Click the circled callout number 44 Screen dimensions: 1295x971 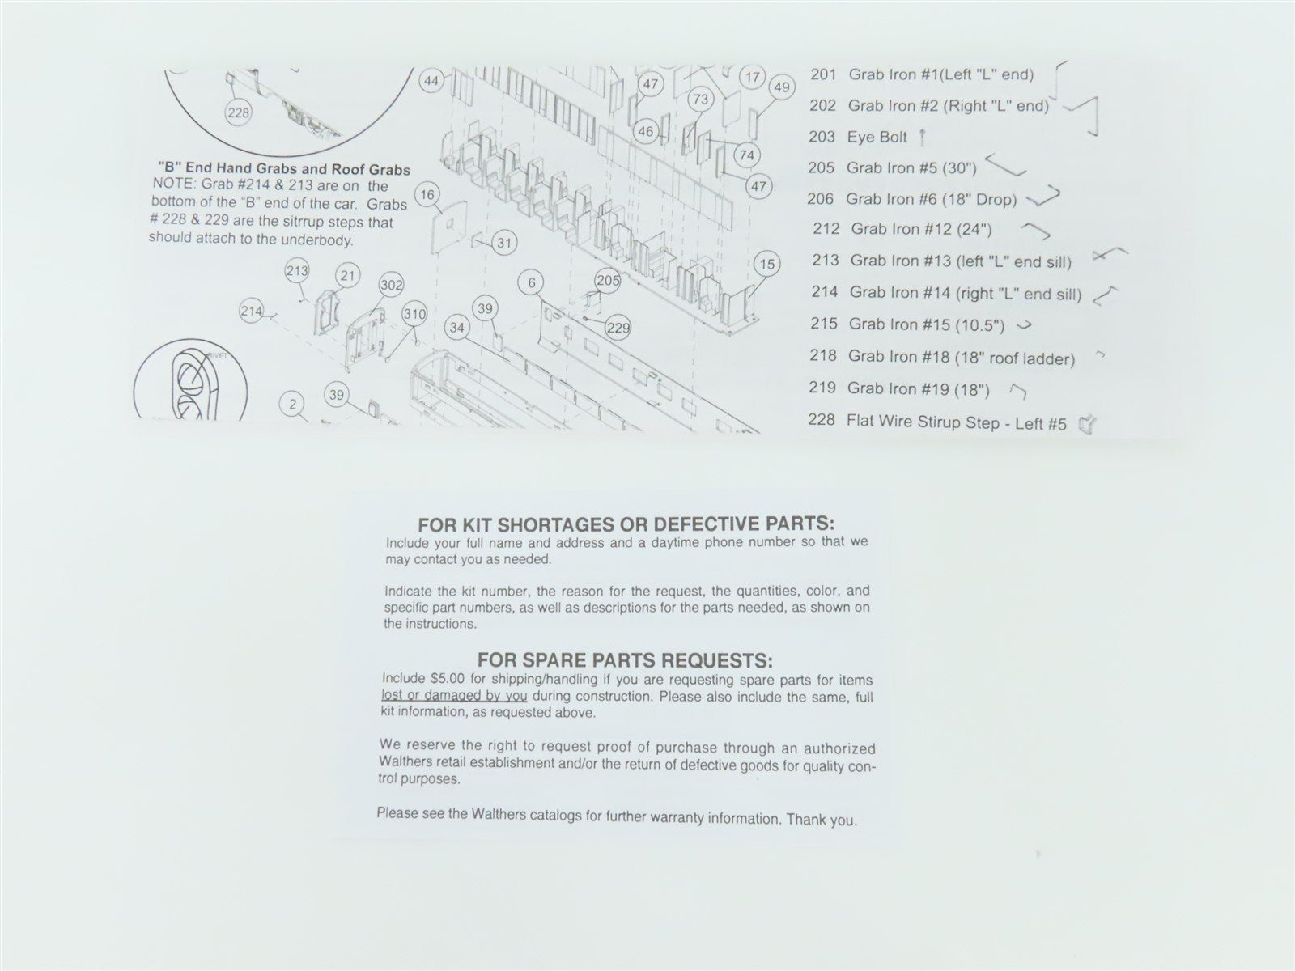point(432,81)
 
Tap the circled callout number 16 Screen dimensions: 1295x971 point(427,195)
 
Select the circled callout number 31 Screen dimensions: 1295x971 point(504,243)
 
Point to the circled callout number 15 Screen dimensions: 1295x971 point(767,264)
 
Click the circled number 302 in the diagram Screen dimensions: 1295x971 point(391,286)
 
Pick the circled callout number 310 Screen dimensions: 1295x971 point(414,314)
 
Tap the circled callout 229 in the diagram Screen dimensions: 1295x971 point(618,328)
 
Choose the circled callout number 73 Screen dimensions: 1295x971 point(701,99)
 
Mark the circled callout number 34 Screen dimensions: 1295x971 point(457,328)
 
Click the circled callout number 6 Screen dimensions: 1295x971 point(532,283)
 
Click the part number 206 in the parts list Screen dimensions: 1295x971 point(822,199)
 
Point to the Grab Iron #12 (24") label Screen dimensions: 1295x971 point(922,229)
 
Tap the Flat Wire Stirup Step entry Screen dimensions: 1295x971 point(937,422)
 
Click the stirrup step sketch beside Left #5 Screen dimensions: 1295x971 point(1087,424)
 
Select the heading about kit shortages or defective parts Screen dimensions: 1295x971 point(626,524)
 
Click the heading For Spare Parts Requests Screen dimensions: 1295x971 point(626,659)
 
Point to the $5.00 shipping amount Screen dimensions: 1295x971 point(448,679)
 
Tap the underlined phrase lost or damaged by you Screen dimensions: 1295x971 point(454,696)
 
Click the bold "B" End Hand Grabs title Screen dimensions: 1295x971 point(284,169)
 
